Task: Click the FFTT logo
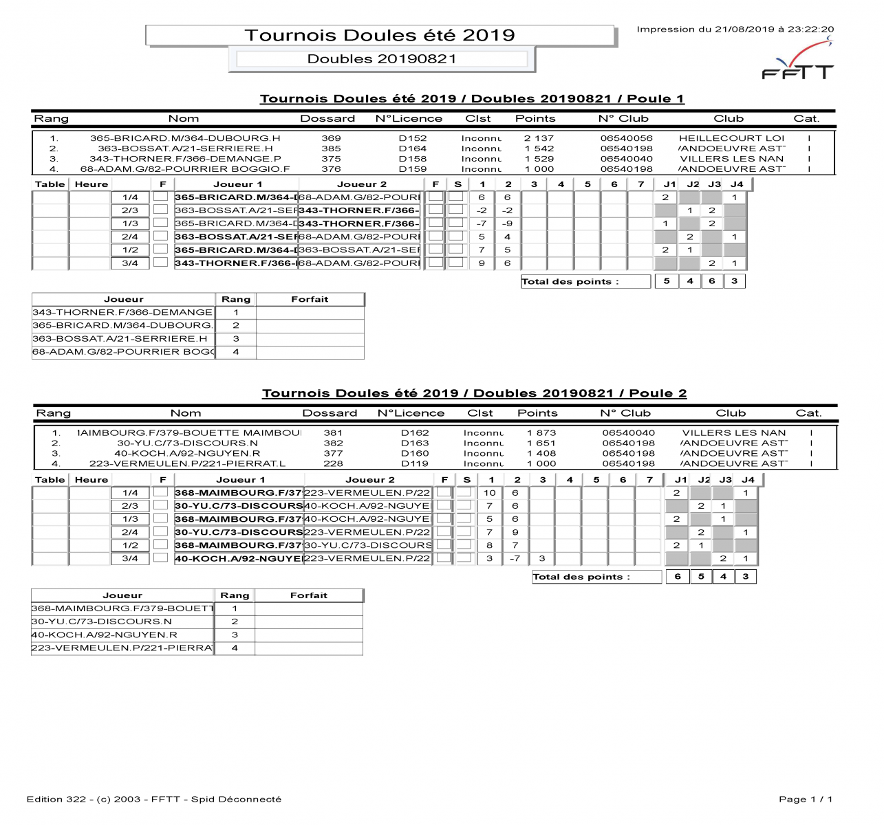coord(798,63)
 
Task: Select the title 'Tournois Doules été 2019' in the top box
coord(380,36)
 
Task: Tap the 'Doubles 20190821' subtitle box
coord(382,59)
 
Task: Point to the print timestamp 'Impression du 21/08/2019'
coord(735,30)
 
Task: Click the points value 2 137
coord(539,138)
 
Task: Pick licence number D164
coord(413,148)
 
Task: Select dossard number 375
coord(331,159)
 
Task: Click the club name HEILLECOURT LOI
coord(731,138)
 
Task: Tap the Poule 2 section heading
coord(474,393)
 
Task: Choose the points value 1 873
coord(541,433)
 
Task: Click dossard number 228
coord(333,464)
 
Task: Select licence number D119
coord(415,464)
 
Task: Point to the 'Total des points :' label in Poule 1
coord(570,282)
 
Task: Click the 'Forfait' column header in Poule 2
coord(308,595)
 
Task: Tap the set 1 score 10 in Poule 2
coord(490,493)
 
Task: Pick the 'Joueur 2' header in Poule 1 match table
coord(361,184)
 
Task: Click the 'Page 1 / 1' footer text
coord(806,799)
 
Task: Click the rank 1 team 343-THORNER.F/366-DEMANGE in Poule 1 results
coord(122,312)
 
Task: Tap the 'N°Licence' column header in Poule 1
coord(409,119)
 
